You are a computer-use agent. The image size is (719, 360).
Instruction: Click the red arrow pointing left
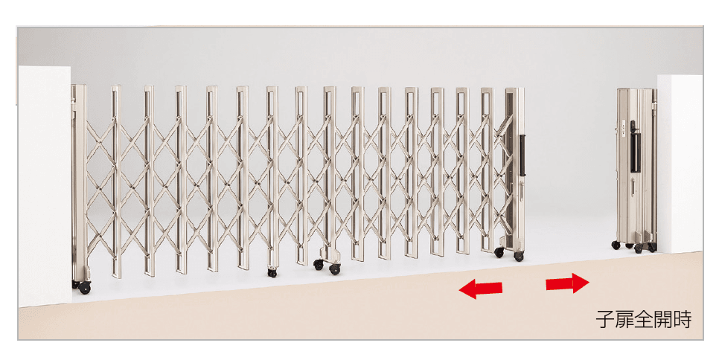(481, 289)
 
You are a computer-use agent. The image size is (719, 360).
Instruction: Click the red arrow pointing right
(567, 283)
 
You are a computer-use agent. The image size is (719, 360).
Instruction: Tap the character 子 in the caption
(605, 320)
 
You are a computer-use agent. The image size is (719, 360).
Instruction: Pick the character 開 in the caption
(663, 320)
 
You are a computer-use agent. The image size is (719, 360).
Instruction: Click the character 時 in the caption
(683, 320)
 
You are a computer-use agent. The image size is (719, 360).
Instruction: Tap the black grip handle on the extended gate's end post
(521, 155)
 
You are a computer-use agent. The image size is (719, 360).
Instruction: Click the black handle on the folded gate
(633, 146)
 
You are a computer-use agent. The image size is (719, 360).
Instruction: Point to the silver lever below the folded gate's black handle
(633, 187)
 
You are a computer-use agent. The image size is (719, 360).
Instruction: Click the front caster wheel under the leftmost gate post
(84, 288)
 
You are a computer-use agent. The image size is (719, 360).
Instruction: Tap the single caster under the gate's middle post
(272, 272)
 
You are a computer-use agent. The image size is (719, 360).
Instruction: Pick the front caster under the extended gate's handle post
(519, 257)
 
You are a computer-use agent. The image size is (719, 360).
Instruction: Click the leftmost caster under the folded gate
(616, 245)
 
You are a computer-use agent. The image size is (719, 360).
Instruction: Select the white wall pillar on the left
(45, 185)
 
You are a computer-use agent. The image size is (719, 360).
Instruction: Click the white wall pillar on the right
(680, 164)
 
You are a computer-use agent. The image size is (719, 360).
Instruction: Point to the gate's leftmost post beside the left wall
(79, 183)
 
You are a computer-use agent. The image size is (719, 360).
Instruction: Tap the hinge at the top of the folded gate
(654, 106)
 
